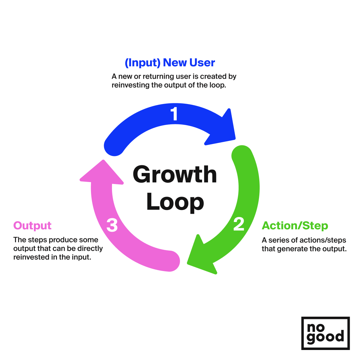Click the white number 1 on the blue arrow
(174, 114)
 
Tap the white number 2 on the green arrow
(239, 224)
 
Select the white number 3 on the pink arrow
(112, 225)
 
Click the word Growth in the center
(175, 174)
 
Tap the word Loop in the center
(175, 202)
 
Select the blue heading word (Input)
(143, 63)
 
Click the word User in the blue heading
(202, 63)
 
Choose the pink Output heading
(32, 226)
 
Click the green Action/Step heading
(295, 226)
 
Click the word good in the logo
(325, 337)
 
